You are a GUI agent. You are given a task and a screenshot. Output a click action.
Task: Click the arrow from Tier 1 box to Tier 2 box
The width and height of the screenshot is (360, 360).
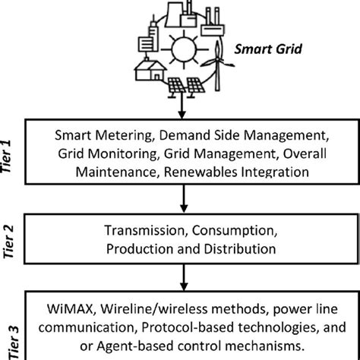tap(184, 201)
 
